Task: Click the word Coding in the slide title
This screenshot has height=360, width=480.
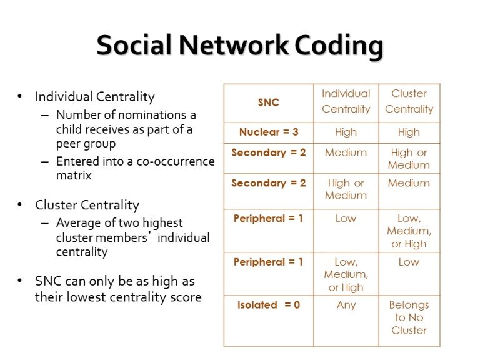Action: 339,46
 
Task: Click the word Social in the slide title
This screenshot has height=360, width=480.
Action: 134,45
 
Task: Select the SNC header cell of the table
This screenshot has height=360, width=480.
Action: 269,102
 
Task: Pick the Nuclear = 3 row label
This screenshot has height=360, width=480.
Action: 269,132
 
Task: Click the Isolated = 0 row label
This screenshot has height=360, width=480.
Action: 269,305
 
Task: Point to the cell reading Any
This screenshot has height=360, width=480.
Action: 346,305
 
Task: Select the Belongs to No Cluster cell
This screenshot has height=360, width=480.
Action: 409,317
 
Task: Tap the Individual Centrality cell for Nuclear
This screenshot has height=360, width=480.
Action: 346,132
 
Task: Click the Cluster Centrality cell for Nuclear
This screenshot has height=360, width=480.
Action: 409,132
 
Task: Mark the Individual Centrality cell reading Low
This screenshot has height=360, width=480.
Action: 346,219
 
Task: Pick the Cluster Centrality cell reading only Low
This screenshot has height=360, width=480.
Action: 409,262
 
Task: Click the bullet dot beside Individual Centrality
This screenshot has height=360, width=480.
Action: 20,96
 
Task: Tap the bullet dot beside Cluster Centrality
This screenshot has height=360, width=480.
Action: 20,205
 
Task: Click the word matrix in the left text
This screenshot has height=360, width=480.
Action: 74,176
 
